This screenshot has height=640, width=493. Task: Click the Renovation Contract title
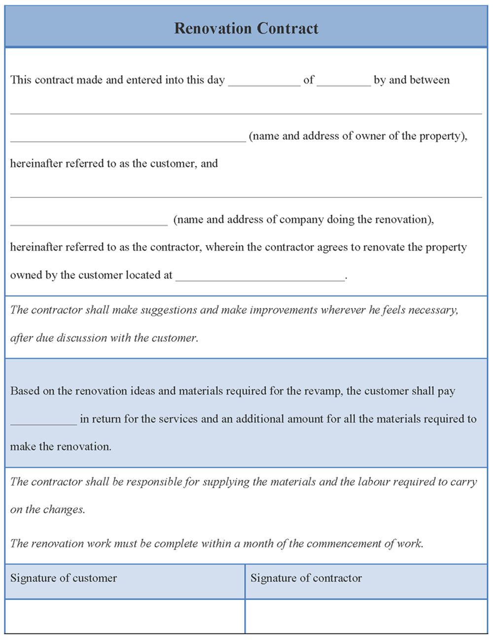(x=246, y=28)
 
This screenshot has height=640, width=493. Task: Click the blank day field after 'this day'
(x=264, y=81)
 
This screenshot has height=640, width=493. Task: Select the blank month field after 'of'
(x=344, y=81)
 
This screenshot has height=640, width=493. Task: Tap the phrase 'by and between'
(x=412, y=80)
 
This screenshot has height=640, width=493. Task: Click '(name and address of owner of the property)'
(x=358, y=136)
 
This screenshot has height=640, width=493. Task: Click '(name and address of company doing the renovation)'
(x=304, y=220)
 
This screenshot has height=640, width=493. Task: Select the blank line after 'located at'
(x=260, y=276)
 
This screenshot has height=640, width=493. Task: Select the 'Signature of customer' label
(x=64, y=578)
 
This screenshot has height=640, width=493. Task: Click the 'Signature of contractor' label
(x=306, y=578)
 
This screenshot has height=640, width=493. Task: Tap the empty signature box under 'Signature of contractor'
(x=366, y=616)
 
